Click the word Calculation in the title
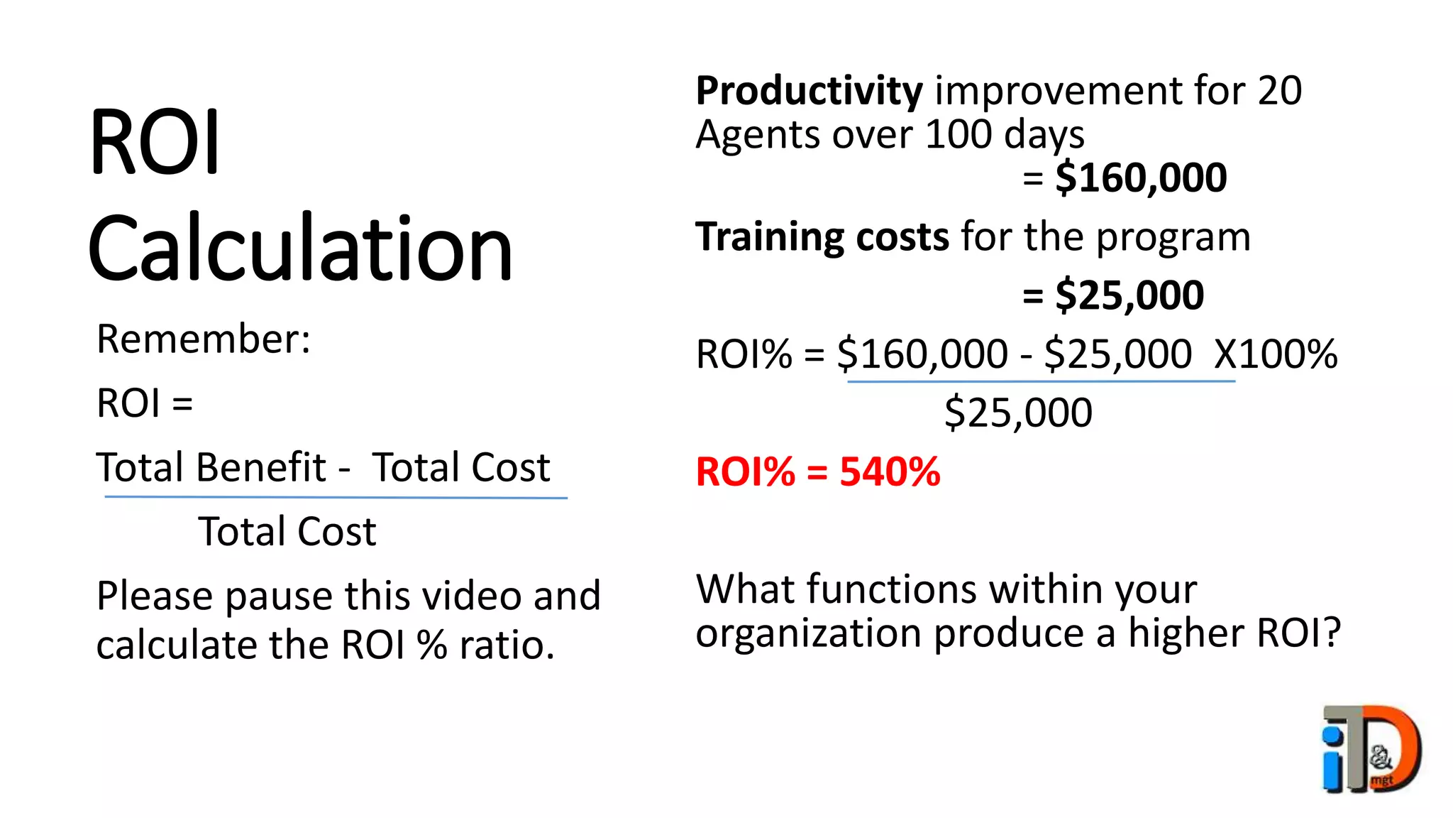[299, 249]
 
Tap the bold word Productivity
[809, 91]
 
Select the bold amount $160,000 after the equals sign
[1141, 178]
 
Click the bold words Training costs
[822, 236]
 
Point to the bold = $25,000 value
[1113, 295]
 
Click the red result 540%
[890, 471]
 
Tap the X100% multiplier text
[1275, 354]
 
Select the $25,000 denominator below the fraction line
[1018, 413]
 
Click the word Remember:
[204, 339]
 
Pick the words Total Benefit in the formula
[211, 467]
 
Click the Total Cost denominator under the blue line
[287, 531]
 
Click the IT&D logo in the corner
[1371, 748]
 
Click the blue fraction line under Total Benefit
[336, 497]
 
